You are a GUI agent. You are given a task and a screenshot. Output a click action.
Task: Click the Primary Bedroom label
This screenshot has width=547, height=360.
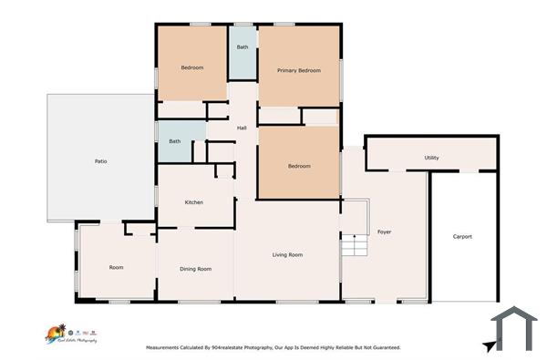click(299, 70)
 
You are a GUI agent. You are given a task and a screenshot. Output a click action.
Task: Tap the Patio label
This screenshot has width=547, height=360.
click(101, 161)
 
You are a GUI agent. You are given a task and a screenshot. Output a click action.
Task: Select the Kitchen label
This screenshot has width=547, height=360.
click(194, 202)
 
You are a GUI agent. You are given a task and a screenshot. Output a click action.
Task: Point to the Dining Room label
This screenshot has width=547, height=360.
click(196, 269)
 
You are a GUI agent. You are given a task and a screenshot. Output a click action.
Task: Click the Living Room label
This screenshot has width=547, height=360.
click(287, 254)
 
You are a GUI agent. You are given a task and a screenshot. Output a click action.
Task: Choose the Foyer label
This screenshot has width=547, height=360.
click(385, 232)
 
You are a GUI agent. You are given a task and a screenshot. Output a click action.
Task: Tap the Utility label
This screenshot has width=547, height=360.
click(431, 158)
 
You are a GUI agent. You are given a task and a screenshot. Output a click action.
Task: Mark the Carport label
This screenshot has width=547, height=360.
click(462, 237)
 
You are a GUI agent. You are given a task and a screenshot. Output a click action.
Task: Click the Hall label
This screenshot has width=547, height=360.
click(242, 128)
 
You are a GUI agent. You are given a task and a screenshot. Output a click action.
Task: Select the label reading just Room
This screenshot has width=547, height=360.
click(116, 268)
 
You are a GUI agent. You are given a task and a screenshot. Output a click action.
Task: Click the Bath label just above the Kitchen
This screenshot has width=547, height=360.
click(174, 141)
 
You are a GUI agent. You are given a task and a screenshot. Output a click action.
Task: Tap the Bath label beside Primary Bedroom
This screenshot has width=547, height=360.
click(243, 46)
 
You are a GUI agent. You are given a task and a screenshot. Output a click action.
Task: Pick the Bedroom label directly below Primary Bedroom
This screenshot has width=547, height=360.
click(299, 166)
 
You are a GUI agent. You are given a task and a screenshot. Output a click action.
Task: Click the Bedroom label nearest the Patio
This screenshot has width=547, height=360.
click(191, 67)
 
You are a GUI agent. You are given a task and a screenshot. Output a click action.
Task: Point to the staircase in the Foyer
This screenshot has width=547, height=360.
click(353, 246)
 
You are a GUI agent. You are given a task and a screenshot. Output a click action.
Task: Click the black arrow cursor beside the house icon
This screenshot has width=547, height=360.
click(491, 345)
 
